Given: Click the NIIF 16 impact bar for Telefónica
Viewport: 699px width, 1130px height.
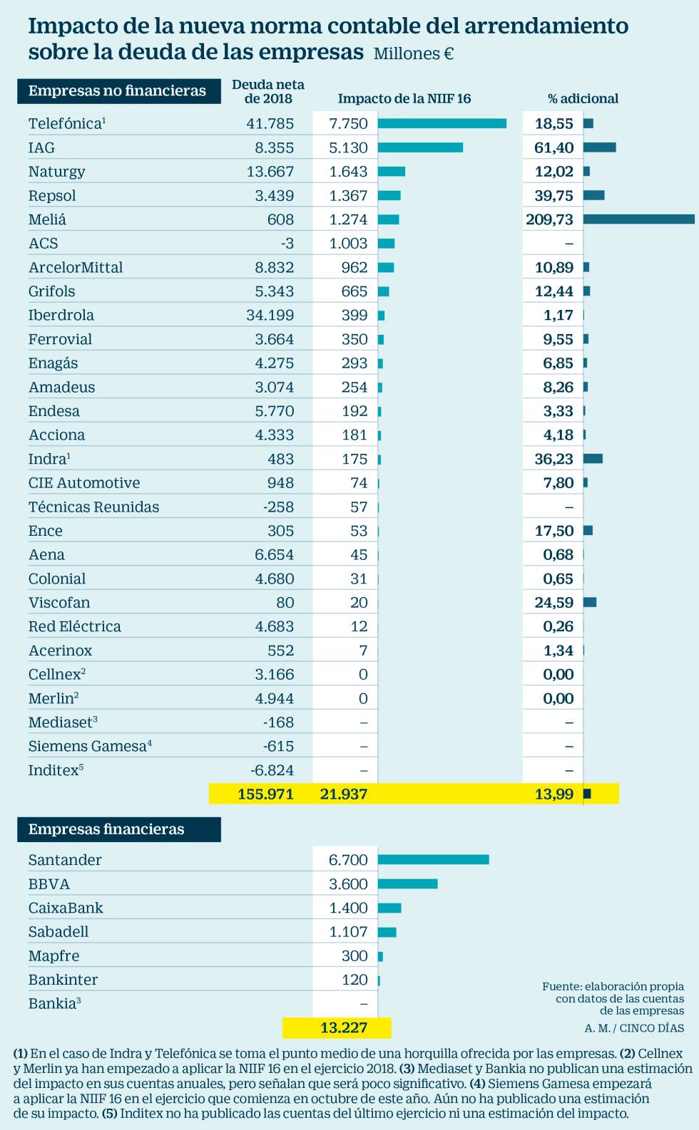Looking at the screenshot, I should coord(442,123).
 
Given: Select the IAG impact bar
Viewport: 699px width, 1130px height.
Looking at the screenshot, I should coord(420,147).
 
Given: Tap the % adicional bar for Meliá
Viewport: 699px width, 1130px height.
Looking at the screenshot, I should coord(638,219).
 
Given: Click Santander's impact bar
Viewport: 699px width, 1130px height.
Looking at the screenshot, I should coord(433,859).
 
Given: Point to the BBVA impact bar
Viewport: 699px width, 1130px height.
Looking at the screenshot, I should coord(407,883).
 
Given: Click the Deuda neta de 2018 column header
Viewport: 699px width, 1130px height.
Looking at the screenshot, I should coord(268,92).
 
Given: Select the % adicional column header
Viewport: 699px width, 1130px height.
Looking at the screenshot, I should coord(583,98).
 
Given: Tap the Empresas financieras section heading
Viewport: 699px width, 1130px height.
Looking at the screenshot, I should coord(106,829).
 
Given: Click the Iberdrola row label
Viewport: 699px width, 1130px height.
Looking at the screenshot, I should coord(61,315).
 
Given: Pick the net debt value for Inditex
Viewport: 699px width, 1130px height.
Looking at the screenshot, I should coord(272,770).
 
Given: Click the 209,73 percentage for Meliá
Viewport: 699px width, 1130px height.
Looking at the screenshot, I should coord(549,219).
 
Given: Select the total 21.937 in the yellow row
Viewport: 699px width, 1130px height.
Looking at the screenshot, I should coord(344,794).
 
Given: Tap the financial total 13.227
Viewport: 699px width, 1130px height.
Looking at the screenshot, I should coord(344,1027).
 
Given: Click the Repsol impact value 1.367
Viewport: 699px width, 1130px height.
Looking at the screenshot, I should coord(348,195).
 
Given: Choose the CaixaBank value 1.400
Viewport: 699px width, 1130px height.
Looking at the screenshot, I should coord(348,908).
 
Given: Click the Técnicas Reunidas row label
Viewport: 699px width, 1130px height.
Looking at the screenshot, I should coord(93,507).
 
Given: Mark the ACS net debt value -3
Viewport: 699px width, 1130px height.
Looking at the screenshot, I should coord(287,243).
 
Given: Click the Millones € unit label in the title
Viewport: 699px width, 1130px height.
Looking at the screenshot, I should coord(414,53).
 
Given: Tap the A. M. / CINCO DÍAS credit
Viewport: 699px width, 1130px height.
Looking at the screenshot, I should coord(634,1027).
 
